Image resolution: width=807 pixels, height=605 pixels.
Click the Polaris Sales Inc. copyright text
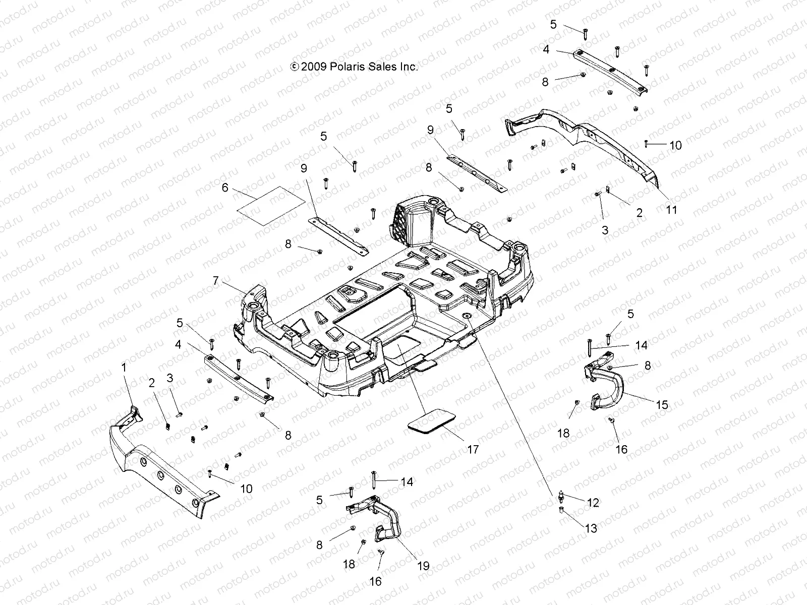pyautogui.click(x=354, y=67)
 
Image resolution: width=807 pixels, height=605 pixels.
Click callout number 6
pyautogui.click(x=225, y=188)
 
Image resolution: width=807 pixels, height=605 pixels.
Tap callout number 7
pyautogui.click(x=216, y=281)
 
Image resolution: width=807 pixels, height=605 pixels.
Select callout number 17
pyautogui.click(x=472, y=449)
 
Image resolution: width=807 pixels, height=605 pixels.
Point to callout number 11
pyautogui.click(x=671, y=210)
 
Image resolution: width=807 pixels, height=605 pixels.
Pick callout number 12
pyautogui.click(x=593, y=502)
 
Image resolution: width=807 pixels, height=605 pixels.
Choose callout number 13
pyautogui.click(x=591, y=528)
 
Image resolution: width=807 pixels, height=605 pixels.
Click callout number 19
pyautogui.click(x=423, y=566)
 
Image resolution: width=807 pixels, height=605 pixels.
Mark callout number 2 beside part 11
pyautogui.click(x=639, y=212)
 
